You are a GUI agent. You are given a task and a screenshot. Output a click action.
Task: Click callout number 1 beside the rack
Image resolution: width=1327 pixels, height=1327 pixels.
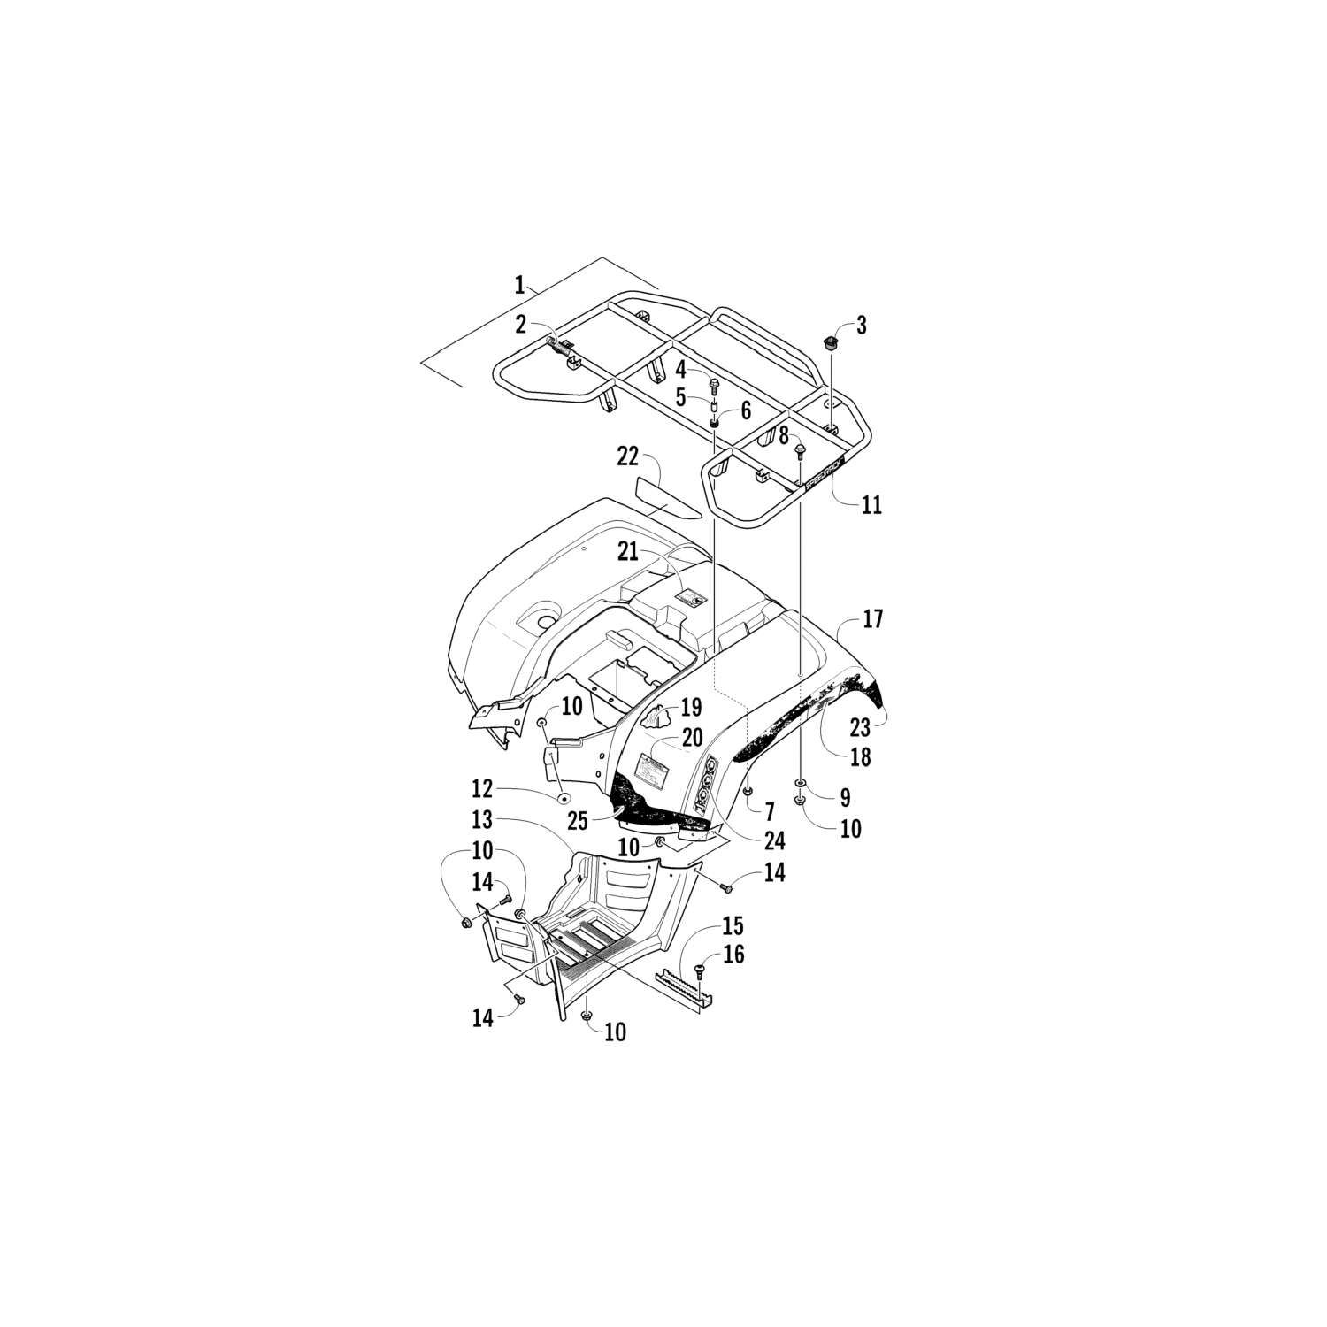[x=520, y=285]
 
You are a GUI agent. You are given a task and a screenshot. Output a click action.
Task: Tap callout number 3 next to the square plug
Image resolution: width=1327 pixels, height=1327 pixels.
[x=861, y=326]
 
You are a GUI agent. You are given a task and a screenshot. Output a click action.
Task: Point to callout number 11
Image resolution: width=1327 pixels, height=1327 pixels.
[x=871, y=505]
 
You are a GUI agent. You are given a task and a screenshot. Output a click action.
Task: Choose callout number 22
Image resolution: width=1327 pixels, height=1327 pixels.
[x=627, y=456]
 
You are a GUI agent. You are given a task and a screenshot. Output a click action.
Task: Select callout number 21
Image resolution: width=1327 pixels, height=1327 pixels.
[x=627, y=552]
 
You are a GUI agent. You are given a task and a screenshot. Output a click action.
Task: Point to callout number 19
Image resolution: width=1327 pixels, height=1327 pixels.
[x=691, y=707]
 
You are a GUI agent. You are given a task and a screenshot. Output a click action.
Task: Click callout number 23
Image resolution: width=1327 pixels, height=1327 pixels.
[x=860, y=726]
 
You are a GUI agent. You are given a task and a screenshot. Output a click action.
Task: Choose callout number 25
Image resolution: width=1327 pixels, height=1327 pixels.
[x=577, y=821]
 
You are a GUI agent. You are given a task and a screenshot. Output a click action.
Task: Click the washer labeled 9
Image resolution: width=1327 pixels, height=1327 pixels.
[x=801, y=784]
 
